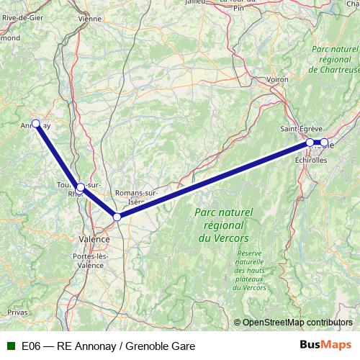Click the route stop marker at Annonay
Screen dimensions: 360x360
35,123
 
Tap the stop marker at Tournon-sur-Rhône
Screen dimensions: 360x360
81,187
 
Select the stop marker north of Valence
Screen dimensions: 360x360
117,216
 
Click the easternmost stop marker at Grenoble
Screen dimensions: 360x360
324,143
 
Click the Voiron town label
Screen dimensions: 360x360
276,79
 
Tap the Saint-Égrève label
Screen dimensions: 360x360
296,128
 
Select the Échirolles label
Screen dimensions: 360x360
310,161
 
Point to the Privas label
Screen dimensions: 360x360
17,312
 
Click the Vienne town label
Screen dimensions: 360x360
90,18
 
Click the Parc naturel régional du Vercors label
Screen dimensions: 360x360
222,225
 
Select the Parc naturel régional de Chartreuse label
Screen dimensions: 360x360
333,59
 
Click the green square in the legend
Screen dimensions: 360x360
9,346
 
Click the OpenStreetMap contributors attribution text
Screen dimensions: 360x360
297,323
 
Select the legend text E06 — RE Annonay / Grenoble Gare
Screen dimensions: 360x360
108,346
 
